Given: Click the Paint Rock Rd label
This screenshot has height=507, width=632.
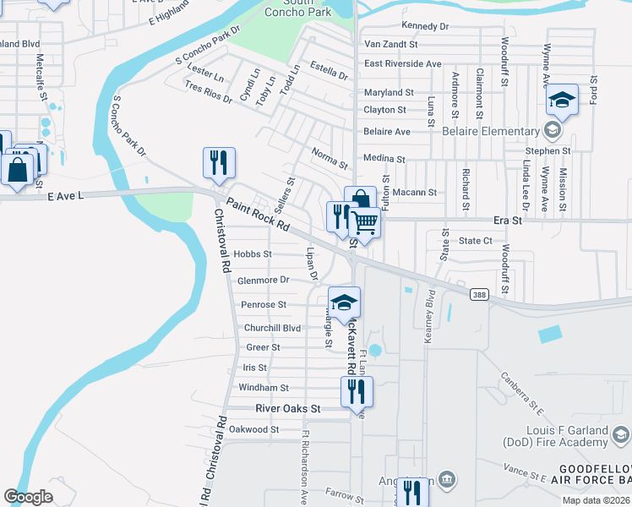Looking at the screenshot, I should coord(258,215).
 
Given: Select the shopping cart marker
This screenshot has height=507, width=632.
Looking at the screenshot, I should coord(365,222).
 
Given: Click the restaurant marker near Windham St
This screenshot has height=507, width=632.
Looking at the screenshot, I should coord(357,390).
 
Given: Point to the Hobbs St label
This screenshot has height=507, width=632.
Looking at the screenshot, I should coord(253,253).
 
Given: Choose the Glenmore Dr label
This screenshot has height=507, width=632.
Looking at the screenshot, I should coord(264,280).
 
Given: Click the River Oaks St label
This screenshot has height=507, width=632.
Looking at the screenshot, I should coord(289,408).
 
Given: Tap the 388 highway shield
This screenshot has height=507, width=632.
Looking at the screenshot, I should coord(480,293).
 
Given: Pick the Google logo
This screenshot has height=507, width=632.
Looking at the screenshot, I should coord(28,497).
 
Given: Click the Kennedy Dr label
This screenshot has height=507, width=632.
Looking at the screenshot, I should coord(425,27).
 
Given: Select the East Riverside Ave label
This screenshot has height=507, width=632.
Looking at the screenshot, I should coord(403,63).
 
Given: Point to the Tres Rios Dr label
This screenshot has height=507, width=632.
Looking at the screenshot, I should coord(208,93).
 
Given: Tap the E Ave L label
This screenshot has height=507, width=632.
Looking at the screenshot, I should coord(67,196).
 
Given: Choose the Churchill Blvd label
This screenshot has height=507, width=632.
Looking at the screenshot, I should coord(273,328).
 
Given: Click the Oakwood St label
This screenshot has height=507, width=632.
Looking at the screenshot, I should coord(255,429).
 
